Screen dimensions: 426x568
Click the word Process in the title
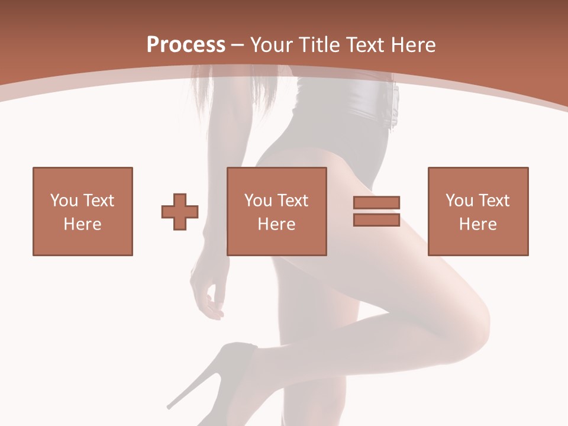[186, 45]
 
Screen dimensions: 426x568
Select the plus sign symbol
[180, 212]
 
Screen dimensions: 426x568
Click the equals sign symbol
[376, 211]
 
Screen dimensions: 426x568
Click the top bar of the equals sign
[376, 203]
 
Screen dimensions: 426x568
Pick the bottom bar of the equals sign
[376, 220]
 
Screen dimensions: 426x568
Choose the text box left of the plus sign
[83, 211]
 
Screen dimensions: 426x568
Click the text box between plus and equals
[277, 211]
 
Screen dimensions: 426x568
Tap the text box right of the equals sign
[478, 211]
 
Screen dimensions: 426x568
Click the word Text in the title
[364, 45]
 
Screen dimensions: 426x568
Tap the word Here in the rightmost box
[478, 224]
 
